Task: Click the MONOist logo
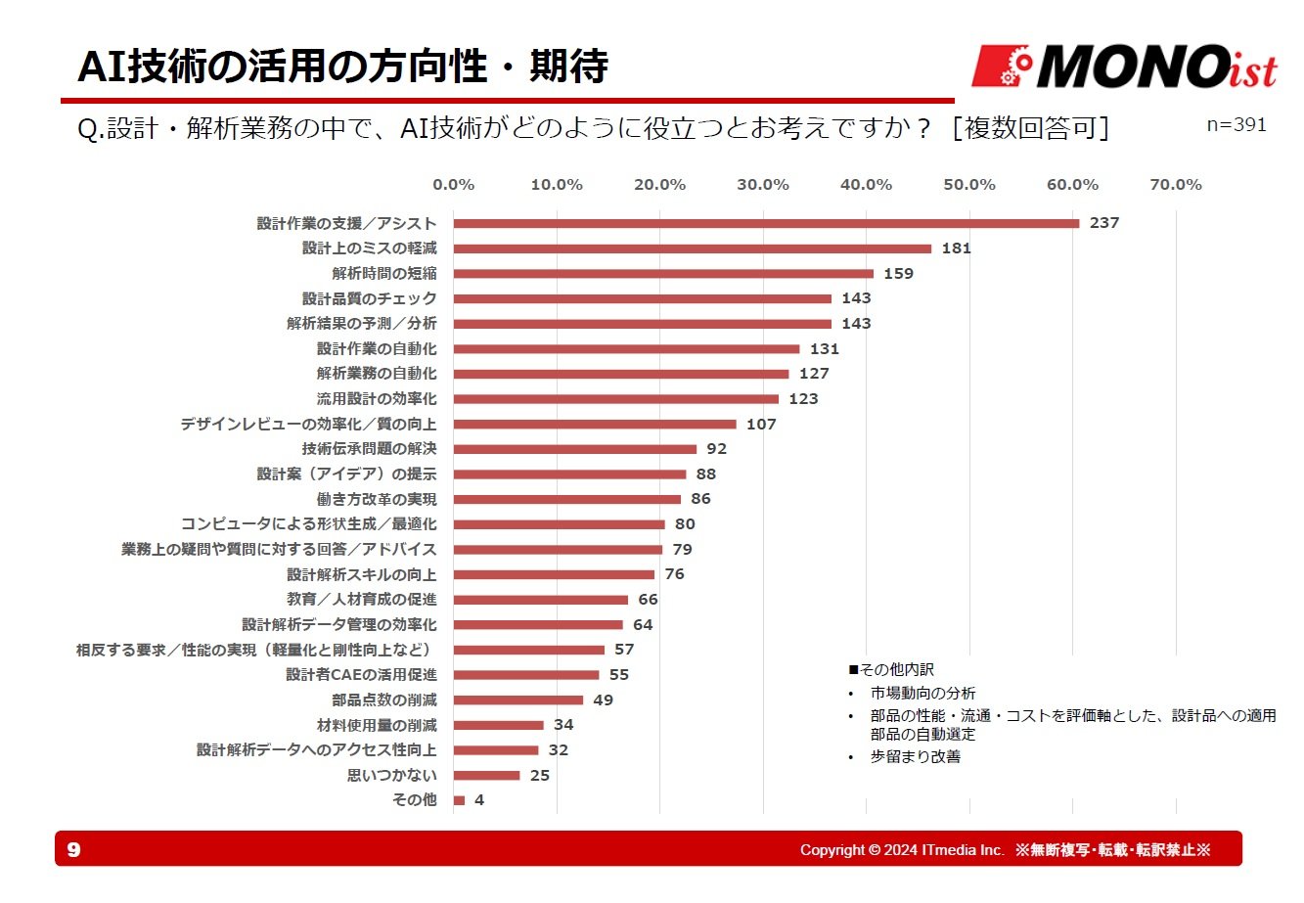coord(1124,67)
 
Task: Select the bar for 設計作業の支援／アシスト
coord(766,223)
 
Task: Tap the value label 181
coord(956,248)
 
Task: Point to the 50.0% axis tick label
coord(968,185)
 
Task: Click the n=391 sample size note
coord(1237,125)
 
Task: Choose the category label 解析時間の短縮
coord(384,274)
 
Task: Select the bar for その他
coord(459,800)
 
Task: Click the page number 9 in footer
coord(74,849)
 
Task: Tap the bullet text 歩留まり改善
coord(915,756)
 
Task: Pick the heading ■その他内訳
coord(891,670)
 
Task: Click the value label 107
coord(761,425)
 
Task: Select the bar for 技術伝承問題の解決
coord(575,449)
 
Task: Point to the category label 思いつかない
coord(392,775)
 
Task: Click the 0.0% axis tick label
coord(453,185)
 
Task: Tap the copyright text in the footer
coord(1005,849)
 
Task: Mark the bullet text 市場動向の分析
coord(922,693)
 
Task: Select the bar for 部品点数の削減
coord(518,700)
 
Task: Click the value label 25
coord(540,776)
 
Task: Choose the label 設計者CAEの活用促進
coord(361,675)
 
